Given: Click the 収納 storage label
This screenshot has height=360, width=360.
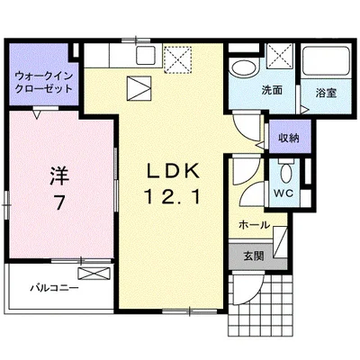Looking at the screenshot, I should click(x=287, y=138).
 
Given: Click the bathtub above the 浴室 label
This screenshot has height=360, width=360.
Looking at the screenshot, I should click(x=325, y=63).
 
